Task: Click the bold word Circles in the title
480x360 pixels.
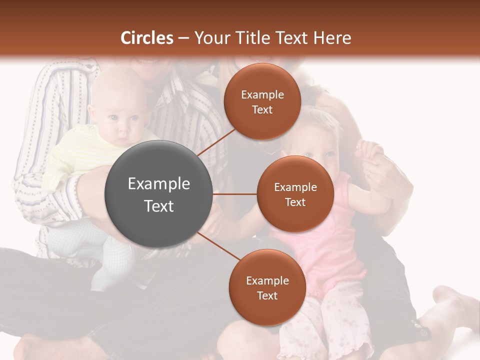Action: coord(146,38)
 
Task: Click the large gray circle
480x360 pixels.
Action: coord(158,194)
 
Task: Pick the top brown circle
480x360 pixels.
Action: coord(262,101)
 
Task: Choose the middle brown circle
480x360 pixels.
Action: coord(295,194)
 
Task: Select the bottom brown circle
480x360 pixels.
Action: coord(267,287)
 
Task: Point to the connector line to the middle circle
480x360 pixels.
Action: coord(235,194)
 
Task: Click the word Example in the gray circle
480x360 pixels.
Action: coord(158,184)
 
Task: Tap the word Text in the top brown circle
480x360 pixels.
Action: coord(262,109)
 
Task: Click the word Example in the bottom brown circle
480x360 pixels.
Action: coord(267,280)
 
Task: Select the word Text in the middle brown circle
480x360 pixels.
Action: coord(295,202)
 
